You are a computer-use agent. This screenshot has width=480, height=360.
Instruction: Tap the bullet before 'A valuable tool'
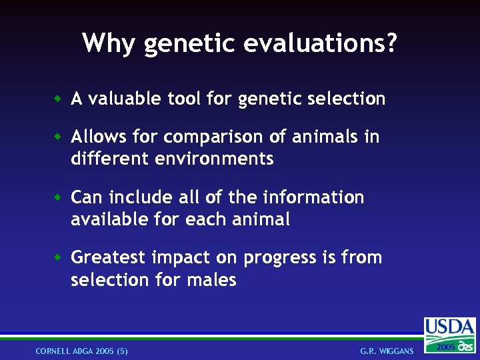point(58,99)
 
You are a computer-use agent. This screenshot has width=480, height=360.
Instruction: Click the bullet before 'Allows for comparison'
point(58,137)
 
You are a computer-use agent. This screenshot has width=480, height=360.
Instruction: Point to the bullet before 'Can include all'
point(58,197)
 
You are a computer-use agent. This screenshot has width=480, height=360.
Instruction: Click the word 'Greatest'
point(109,257)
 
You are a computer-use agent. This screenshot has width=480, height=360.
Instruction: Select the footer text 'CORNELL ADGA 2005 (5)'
point(81,351)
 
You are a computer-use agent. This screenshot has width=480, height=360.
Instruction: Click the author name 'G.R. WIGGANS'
point(387,351)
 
